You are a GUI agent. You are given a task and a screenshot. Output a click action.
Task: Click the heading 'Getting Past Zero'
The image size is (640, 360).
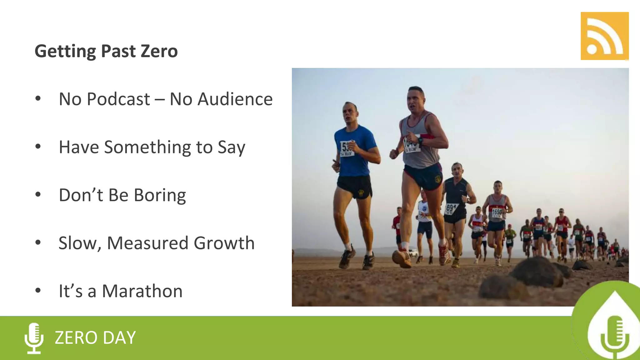coord(106,51)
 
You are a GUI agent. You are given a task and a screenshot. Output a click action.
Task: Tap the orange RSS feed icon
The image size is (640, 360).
coord(604,36)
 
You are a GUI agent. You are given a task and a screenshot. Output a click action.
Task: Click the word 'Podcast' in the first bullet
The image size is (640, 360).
coord(118,99)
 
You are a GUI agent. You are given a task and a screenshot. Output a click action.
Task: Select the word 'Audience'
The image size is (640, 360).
coord(235,99)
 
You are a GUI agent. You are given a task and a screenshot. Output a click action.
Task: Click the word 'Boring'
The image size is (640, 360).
coord(160,195)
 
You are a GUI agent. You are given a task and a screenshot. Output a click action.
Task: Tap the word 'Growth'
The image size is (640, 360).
coord(224,243)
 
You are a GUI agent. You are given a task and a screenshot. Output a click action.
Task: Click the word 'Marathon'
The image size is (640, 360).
coord(142,291)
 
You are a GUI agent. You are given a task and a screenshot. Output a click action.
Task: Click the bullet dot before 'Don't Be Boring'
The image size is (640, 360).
coord(38,194)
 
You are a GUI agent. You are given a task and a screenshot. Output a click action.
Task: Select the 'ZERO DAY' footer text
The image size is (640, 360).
coord(95,338)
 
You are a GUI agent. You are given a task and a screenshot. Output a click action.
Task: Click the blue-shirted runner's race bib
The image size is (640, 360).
coord(347,149)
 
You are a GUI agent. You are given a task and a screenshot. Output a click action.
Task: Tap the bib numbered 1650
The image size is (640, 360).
coord(497,212)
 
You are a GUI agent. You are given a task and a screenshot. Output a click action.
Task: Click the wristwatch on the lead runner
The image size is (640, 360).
coord(421,140)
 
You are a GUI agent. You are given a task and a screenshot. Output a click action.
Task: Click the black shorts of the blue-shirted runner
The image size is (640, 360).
coord(355,186)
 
